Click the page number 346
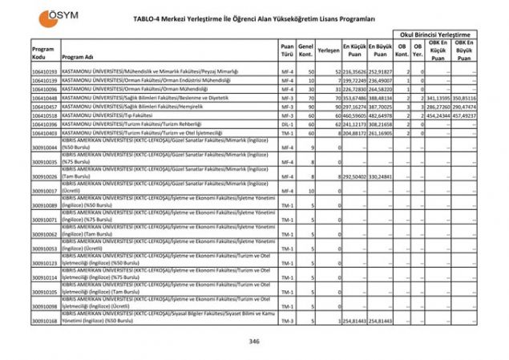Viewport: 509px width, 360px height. tap(254, 342)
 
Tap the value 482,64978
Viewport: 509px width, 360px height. tap(382, 115)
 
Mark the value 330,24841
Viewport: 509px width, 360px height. tap(382, 176)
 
